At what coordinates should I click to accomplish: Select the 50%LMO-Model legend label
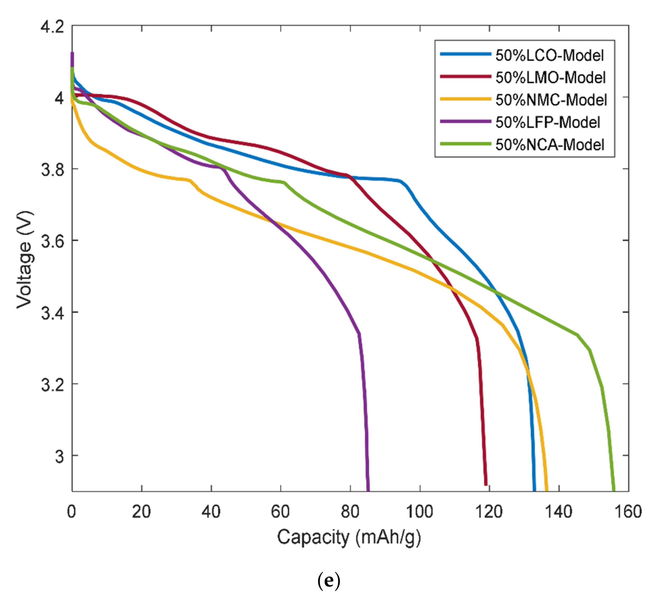click(550, 78)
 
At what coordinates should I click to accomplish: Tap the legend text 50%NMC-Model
click(551, 100)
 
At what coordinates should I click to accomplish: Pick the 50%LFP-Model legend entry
click(548, 122)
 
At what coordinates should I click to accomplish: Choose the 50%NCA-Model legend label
click(550, 144)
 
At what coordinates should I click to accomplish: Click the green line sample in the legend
click(465, 144)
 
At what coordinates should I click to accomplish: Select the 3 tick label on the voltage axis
click(59, 456)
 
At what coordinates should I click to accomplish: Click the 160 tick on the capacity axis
click(628, 512)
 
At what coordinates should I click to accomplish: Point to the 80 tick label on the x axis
click(350, 512)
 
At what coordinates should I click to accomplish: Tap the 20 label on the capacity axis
click(141, 512)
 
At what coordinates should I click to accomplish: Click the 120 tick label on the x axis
click(489, 512)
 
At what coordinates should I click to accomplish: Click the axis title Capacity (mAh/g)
click(349, 537)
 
